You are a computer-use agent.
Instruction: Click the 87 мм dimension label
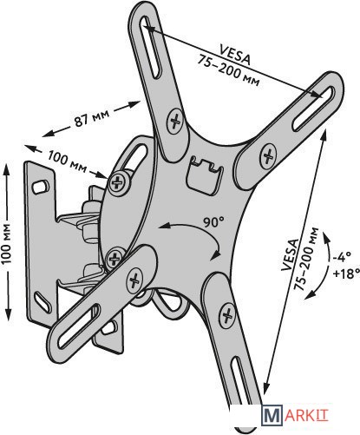pos(92,118)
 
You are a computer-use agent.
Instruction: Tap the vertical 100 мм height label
pos(6,243)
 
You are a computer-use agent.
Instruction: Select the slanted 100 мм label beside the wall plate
pos(67,161)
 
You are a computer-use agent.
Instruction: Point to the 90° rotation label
pos(213,222)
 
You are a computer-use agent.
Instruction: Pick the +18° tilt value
pos(346,273)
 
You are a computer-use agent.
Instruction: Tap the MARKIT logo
pos(295,415)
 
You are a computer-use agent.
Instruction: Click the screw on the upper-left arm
pos(174,122)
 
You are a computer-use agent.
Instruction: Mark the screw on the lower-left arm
pos(134,280)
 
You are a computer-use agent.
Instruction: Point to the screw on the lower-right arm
pos(227,314)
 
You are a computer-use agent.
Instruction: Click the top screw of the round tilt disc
pos(119,183)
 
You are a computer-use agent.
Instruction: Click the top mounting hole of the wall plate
pos(40,187)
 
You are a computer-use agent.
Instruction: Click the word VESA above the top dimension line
pos(235,54)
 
